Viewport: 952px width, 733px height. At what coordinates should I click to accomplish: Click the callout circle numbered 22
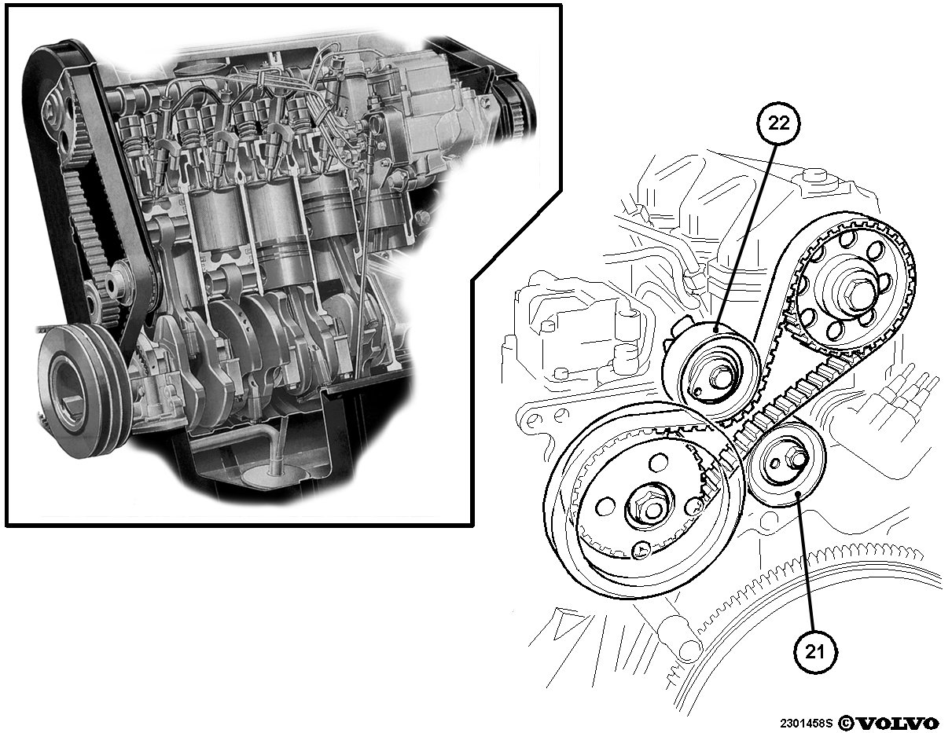[778, 124]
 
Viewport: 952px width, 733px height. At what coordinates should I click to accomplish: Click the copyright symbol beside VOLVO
[846, 723]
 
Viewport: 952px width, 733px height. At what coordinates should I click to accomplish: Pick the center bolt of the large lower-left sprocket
[648, 509]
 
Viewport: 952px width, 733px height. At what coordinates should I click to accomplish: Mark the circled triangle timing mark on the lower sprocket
[641, 550]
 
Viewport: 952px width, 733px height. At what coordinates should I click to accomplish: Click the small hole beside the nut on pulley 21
[774, 463]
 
